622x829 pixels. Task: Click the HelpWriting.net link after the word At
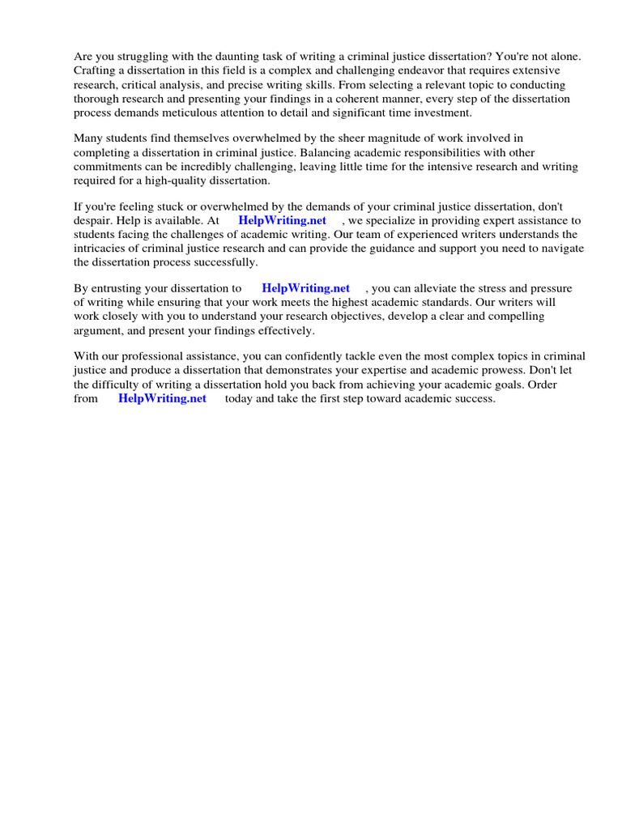pos(282,220)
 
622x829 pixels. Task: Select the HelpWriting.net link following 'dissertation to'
pos(305,288)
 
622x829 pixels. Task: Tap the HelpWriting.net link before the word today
pos(162,398)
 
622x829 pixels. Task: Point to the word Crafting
pos(96,70)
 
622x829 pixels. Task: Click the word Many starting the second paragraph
pos(88,139)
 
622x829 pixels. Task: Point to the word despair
pos(93,220)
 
